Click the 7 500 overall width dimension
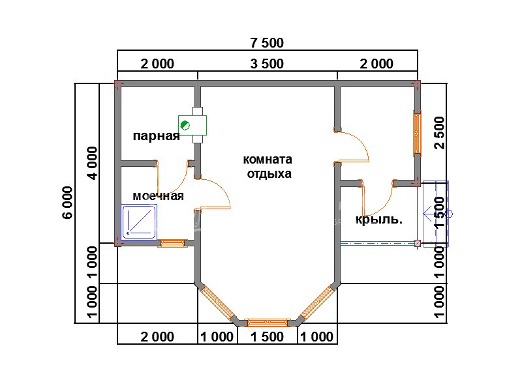pos(267,43)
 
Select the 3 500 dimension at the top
pos(267,63)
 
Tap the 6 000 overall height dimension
pos(67,202)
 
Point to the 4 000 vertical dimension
pos(93,163)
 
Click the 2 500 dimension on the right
pos(439,133)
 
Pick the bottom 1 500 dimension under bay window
pos(267,337)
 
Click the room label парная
pos(157,136)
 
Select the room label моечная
pos(158,196)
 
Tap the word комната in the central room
pos(268,160)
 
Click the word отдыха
pos(269,174)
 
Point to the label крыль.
pos(379,220)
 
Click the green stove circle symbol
pos(185,125)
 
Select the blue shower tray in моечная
pos(139,222)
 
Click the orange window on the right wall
pos(417,134)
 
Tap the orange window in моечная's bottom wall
pos(172,243)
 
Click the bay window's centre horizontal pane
pos(268,322)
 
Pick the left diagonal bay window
pos(217,303)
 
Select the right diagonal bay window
pos(318,303)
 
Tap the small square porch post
pos(417,243)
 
